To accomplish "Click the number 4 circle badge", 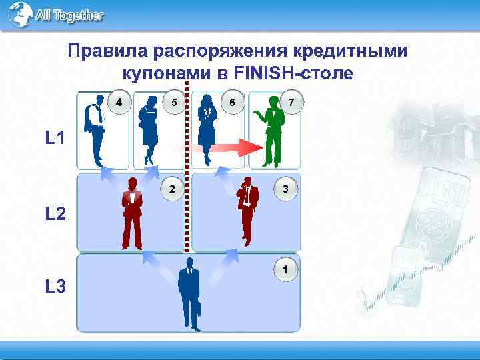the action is (119, 103).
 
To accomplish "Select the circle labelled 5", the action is (173, 103).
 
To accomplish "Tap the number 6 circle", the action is (231, 103).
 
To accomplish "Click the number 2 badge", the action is (172, 189).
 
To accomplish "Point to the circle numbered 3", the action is (285, 189).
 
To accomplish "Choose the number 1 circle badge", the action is (285, 270).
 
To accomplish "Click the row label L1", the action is (55, 139).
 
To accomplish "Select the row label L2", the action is (55, 214).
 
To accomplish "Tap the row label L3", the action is (55, 287).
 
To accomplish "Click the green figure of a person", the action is (272, 130).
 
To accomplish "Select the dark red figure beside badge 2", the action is (132, 213).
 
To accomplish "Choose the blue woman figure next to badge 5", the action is (147, 130).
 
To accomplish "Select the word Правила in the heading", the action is (108, 52).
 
